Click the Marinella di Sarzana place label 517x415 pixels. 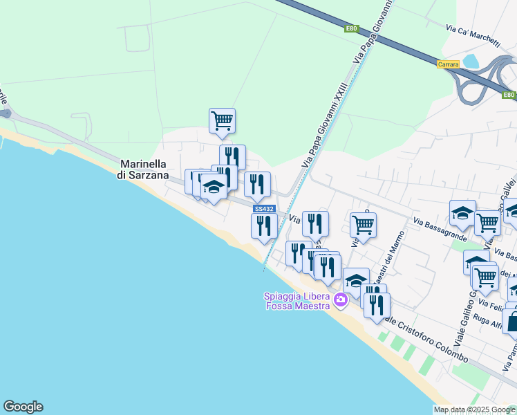click(x=144, y=169)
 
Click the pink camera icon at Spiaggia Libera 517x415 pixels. click(x=340, y=300)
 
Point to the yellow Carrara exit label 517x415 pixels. click(x=448, y=64)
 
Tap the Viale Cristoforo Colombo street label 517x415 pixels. click(x=426, y=341)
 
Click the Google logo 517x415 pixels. click(x=23, y=407)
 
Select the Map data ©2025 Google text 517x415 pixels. click(x=474, y=409)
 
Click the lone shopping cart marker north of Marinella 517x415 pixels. click(x=222, y=120)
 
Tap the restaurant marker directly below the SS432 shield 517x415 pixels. click(x=263, y=225)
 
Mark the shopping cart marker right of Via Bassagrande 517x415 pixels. click(x=488, y=222)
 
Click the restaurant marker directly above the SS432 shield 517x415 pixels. click(x=257, y=184)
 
